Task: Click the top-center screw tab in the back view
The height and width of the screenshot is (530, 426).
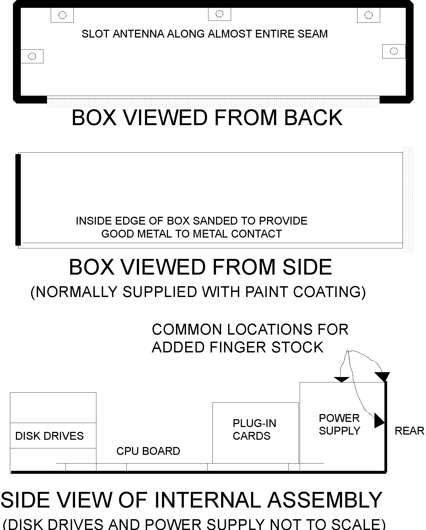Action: [219, 14]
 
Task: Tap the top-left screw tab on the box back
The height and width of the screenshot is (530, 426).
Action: [62, 15]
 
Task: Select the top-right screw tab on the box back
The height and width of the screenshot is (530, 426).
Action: [368, 15]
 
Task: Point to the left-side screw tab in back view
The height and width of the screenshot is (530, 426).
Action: [32, 56]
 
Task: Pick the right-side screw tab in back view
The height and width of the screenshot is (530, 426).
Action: [394, 51]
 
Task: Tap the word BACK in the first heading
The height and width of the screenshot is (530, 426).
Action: [313, 118]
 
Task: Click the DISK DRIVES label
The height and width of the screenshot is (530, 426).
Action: [49, 436]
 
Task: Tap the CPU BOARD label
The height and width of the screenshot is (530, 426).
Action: [148, 451]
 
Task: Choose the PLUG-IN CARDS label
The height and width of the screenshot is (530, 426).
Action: [254, 429]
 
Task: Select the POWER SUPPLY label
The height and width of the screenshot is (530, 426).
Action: [339, 424]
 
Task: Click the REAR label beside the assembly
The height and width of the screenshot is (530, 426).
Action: [409, 431]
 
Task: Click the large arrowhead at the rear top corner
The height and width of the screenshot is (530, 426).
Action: [382, 376]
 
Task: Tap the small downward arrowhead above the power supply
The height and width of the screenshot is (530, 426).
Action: [342, 379]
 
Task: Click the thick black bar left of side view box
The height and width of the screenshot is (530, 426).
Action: [18, 199]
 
